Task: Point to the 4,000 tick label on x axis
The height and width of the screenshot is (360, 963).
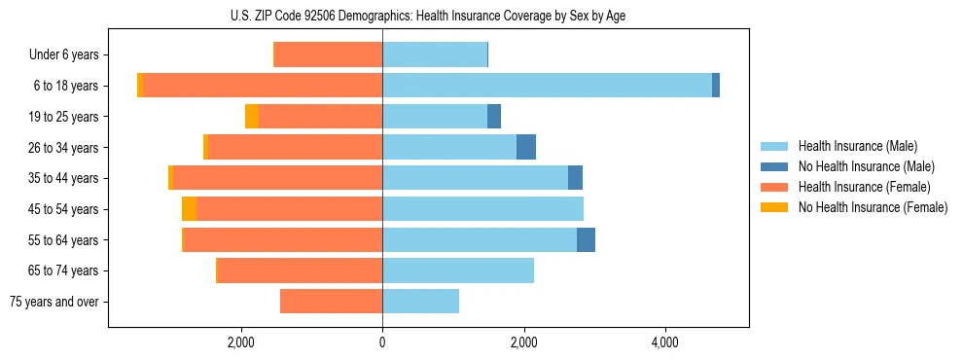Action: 665,342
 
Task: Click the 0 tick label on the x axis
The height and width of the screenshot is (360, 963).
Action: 382,342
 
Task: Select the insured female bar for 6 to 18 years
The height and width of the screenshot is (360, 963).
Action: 263,86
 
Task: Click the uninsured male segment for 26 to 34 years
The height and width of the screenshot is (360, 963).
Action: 526,147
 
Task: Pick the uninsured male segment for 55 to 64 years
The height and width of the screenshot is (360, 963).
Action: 586,240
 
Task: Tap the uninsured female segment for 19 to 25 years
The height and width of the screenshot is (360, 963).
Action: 252,117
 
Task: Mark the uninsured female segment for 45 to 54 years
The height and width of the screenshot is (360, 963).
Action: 189,209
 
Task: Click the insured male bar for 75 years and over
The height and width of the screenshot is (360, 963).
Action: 420,302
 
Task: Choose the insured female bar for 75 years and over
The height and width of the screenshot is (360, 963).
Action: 331,302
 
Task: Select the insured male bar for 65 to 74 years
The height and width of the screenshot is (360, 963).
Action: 458,270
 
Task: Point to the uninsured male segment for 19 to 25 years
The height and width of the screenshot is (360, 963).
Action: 494,117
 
